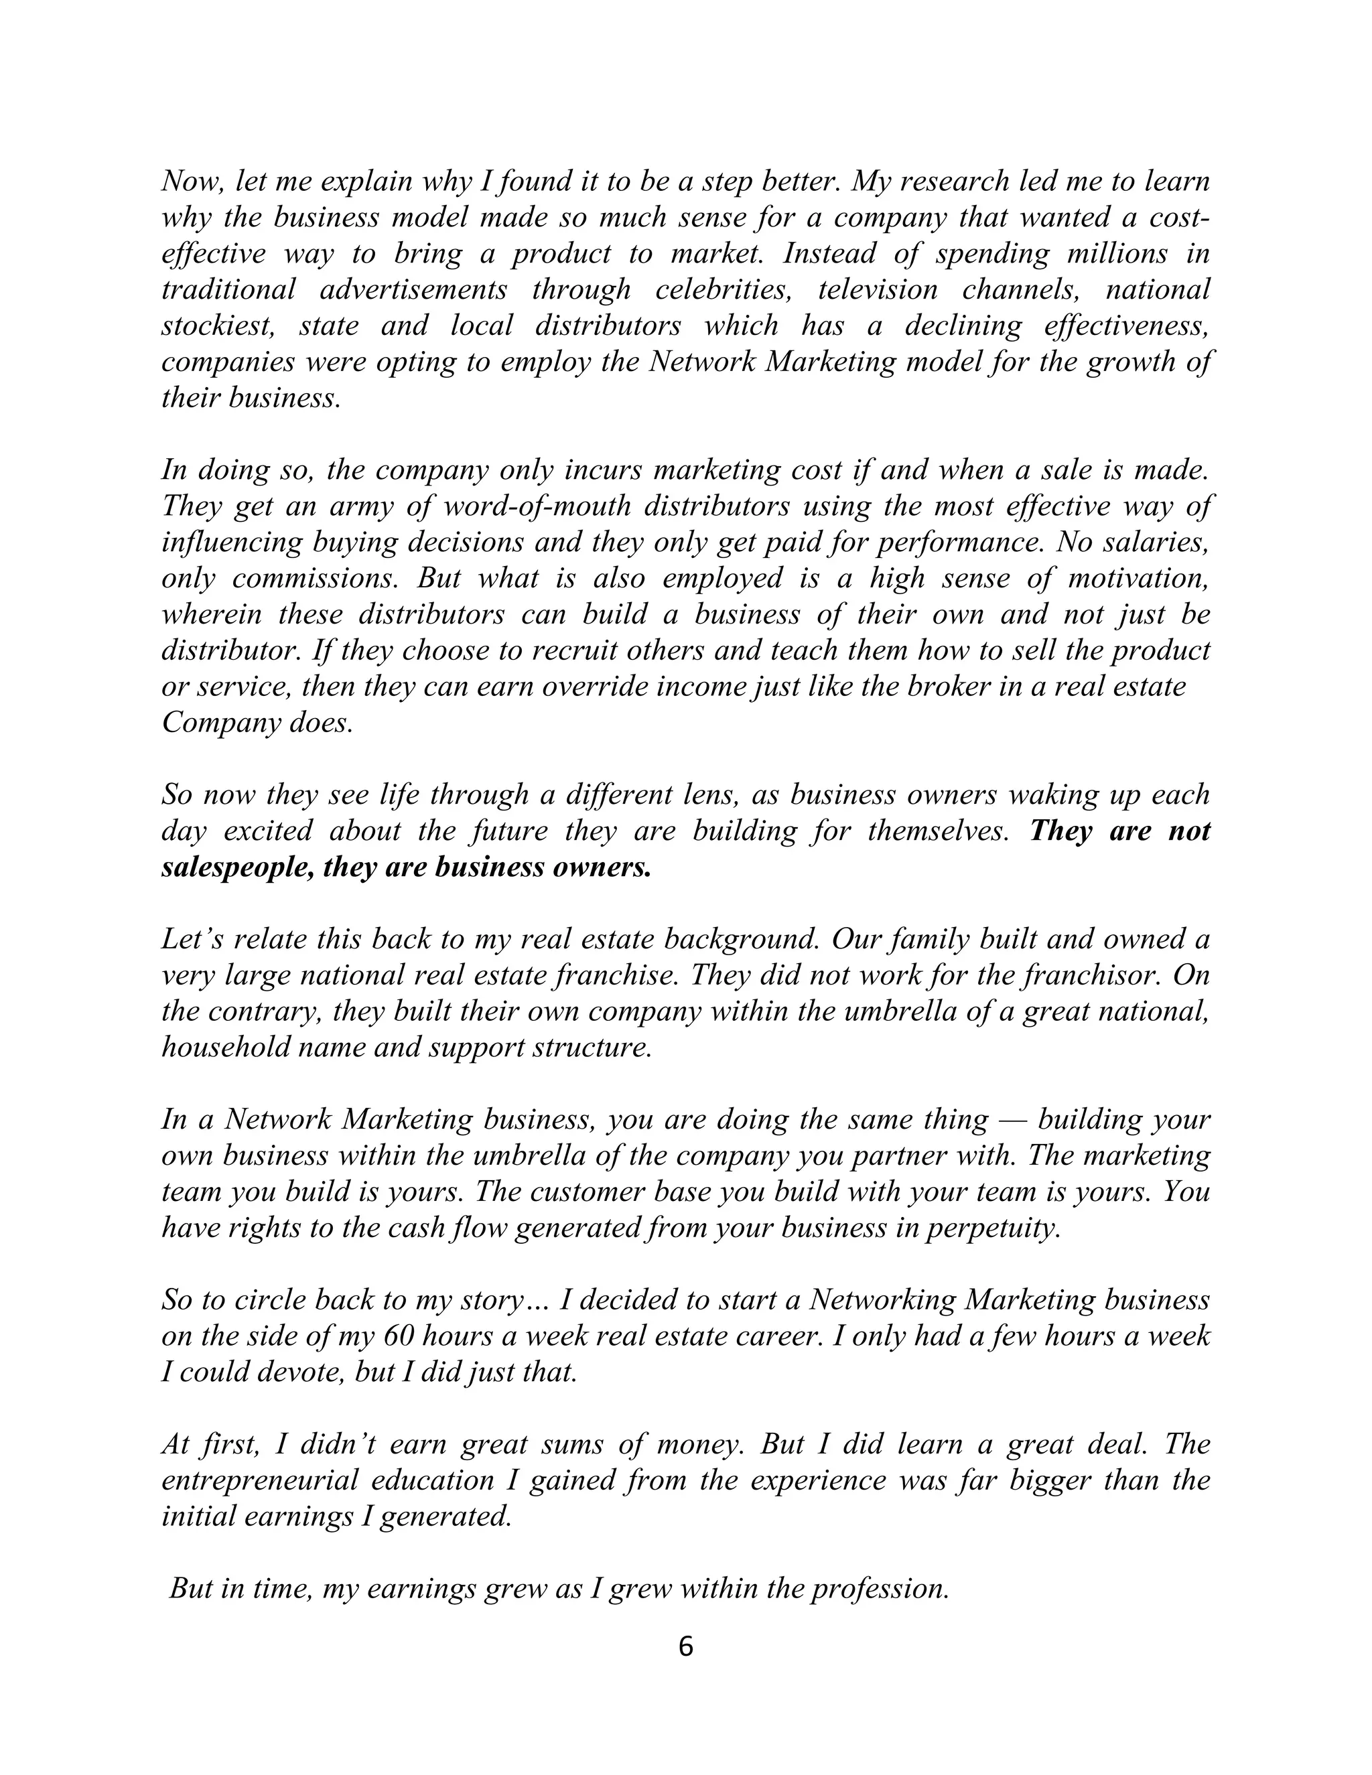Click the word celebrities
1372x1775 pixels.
pyautogui.click(x=724, y=290)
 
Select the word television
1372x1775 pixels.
pyautogui.click(x=877, y=290)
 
